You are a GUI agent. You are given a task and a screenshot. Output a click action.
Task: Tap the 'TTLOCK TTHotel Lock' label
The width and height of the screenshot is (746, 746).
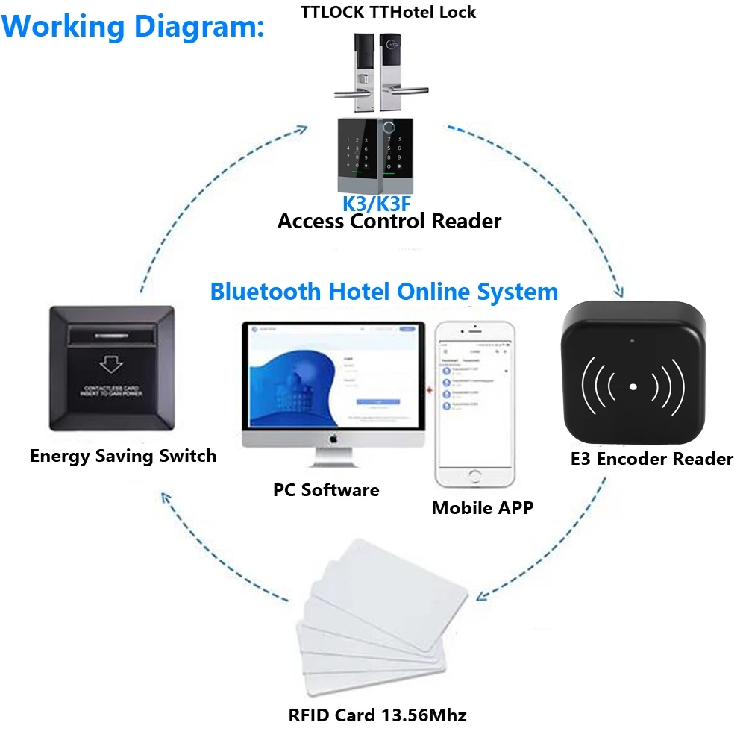pyautogui.click(x=388, y=11)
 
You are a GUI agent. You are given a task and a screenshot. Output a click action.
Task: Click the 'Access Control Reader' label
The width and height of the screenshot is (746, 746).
pyautogui.click(x=389, y=221)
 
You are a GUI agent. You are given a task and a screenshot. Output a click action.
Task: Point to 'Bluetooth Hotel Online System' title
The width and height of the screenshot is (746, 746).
pyautogui.click(x=383, y=291)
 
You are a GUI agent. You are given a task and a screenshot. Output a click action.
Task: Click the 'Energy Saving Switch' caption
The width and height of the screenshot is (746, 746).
pyautogui.click(x=123, y=456)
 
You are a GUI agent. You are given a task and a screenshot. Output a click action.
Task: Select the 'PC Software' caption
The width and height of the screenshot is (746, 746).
pyautogui.click(x=326, y=490)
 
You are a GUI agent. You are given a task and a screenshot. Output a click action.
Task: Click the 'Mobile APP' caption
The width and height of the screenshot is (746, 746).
pyautogui.click(x=483, y=508)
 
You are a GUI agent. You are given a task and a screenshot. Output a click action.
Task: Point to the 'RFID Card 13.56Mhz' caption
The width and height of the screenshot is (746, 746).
pyautogui.click(x=377, y=715)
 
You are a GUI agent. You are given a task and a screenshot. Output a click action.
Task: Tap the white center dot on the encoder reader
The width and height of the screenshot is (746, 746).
pyautogui.click(x=633, y=387)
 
